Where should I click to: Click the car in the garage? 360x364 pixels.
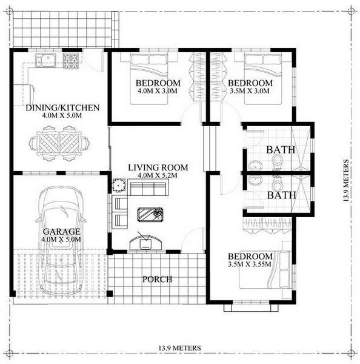pyautogui.click(x=61, y=241)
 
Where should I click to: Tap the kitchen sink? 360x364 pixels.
pyautogui.click(x=45, y=60)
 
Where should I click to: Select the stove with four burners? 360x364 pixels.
pyautogui.click(x=71, y=61)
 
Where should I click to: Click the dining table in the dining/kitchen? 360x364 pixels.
pyautogui.click(x=59, y=143)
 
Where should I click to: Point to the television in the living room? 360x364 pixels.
pyautogui.click(x=145, y=243)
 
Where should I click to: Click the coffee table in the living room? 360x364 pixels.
pyautogui.click(x=151, y=214)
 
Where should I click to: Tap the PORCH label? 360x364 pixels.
pyautogui.click(x=157, y=279)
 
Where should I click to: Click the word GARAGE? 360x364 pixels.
pyautogui.click(x=62, y=232)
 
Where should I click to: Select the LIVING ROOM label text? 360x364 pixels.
pyautogui.click(x=158, y=167)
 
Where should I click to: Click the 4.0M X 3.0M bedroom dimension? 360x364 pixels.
pyautogui.click(x=157, y=91)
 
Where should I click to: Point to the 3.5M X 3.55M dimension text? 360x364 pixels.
pyautogui.click(x=249, y=264)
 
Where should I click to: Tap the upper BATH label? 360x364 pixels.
pyautogui.click(x=281, y=150)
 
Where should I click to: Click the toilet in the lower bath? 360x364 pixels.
pyautogui.click(x=277, y=183)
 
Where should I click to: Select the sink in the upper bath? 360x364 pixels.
pyautogui.click(x=255, y=166)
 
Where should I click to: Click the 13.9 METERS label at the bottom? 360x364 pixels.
pyautogui.click(x=180, y=348)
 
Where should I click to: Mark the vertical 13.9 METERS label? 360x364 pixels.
pyautogui.click(x=346, y=180)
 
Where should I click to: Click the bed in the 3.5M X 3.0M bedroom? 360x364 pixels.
pyautogui.click(x=263, y=79)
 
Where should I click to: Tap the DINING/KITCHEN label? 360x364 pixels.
pyautogui.click(x=62, y=108)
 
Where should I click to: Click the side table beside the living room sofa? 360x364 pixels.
pyautogui.click(x=119, y=186)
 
